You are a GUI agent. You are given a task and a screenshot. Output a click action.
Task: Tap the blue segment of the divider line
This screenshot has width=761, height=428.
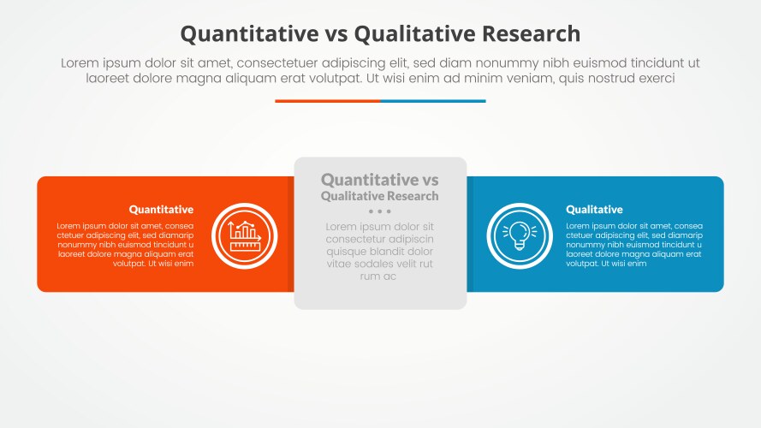point(433,101)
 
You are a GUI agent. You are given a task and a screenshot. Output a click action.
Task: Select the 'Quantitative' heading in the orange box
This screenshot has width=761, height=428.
point(161,210)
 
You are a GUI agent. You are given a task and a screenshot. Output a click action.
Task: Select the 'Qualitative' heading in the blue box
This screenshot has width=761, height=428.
point(594,210)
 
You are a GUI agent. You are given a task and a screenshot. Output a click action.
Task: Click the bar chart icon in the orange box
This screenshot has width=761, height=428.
point(244,235)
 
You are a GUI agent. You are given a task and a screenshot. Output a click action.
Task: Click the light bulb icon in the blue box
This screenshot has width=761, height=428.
point(519,235)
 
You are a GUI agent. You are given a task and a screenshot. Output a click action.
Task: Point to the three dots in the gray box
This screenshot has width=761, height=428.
point(379,211)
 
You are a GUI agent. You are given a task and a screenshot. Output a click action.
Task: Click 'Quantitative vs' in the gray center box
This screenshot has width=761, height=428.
point(379,180)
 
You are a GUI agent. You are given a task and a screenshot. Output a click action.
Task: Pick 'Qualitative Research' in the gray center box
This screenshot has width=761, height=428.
point(379,196)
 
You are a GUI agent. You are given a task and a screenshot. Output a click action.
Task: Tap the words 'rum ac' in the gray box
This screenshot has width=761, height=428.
point(379,276)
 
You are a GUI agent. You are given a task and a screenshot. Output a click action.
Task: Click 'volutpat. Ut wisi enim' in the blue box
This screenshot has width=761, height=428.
point(606,264)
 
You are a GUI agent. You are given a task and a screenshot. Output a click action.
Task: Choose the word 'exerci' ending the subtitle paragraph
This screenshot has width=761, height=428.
point(655,78)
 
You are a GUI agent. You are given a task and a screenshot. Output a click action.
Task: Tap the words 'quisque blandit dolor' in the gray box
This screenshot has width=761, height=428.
point(379,252)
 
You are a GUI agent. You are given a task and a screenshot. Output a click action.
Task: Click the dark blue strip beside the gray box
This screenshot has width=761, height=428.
point(470,234)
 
